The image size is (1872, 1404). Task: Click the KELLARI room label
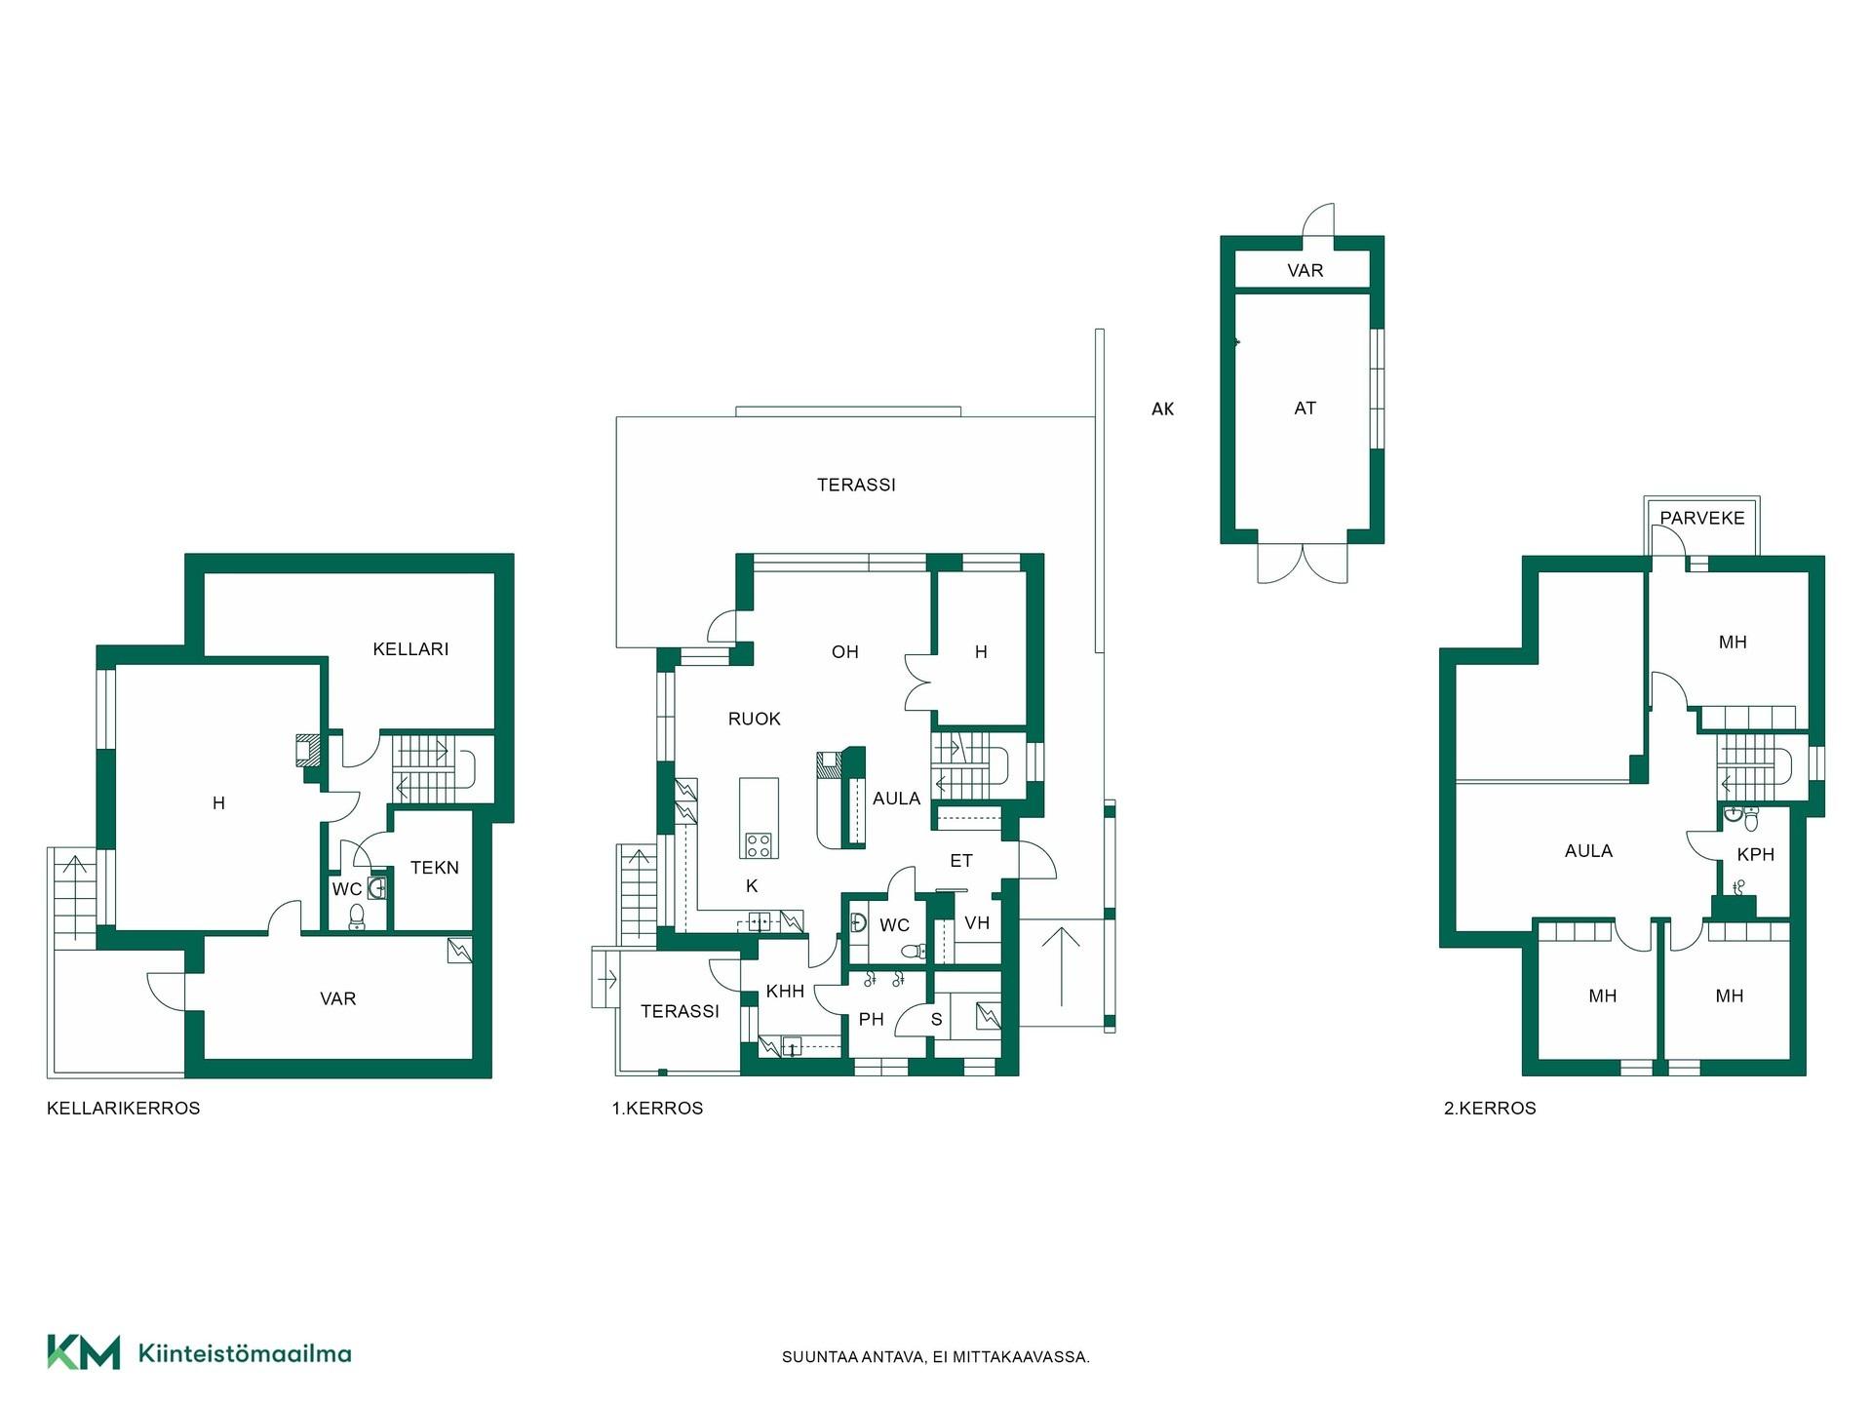click(x=410, y=649)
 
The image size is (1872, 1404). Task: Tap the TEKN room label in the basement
click(x=434, y=868)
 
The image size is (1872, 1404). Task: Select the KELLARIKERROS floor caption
click(x=124, y=1109)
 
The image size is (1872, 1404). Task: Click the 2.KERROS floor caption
click(x=1490, y=1109)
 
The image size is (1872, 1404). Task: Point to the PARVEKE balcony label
click(x=1702, y=518)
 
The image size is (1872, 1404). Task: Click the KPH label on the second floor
click(x=1755, y=855)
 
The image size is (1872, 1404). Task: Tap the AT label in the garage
click(x=1305, y=409)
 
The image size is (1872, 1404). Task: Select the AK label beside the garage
click(x=1162, y=409)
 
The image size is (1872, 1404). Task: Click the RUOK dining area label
click(x=755, y=720)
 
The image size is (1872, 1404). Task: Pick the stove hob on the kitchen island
click(x=759, y=844)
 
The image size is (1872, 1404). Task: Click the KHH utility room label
click(x=785, y=992)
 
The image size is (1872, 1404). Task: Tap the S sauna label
click(x=937, y=1020)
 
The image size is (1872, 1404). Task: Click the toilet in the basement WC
click(x=357, y=916)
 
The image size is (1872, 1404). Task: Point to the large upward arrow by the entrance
click(x=1061, y=966)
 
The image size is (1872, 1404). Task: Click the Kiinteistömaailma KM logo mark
click(x=84, y=1352)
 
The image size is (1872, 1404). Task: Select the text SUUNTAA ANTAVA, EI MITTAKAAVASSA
click(x=936, y=1357)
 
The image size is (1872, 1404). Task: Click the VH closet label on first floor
click(x=977, y=923)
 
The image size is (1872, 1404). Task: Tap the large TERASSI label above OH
click(x=856, y=485)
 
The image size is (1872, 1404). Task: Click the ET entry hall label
click(x=961, y=861)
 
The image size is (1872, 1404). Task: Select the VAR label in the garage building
click(x=1305, y=271)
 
